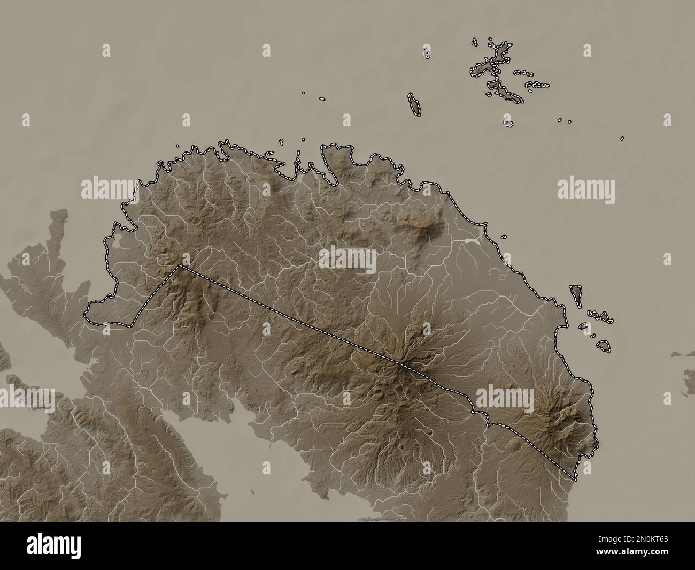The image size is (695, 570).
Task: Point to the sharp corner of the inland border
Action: tap(180, 265)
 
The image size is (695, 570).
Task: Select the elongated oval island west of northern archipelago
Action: tap(413, 104)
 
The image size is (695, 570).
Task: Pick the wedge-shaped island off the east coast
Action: tap(576, 295)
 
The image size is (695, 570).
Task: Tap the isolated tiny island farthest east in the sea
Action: tap(622, 138)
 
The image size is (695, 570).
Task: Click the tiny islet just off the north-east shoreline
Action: tap(504, 236)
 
